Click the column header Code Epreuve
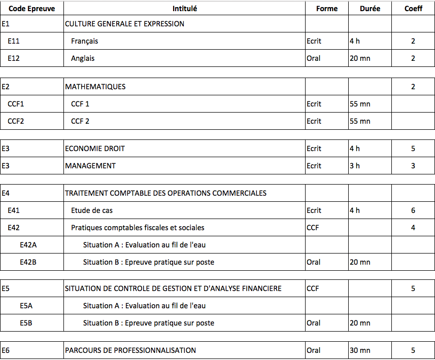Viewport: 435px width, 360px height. [x=31, y=9]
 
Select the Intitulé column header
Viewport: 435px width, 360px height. [x=185, y=9]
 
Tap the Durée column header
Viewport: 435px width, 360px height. [x=370, y=9]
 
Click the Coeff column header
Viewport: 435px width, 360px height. [x=413, y=9]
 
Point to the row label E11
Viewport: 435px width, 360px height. [x=14, y=41]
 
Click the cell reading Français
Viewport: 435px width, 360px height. [x=84, y=41]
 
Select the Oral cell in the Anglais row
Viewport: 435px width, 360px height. [x=314, y=58]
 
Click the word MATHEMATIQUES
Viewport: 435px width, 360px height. [x=95, y=87]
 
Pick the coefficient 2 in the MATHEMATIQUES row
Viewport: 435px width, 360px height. [x=413, y=87]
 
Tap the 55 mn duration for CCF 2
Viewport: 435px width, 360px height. [x=360, y=121]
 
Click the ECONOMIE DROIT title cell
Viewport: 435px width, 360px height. [x=95, y=149]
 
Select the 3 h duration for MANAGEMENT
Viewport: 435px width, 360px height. [x=355, y=166]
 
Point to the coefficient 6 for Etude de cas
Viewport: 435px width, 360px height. [x=413, y=210]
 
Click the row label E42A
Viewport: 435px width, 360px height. [x=28, y=245]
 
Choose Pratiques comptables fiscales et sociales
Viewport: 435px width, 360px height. [x=138, y=228]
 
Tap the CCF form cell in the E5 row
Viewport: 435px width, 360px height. [x=313, y=289]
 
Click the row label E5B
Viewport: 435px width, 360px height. [x=26, y=323]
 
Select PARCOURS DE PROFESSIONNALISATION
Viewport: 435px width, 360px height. [x=130, y=350]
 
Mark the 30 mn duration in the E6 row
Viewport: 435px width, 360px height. [x=360, y=350]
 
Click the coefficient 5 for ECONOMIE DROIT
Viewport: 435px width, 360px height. [x=413, y=149]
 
